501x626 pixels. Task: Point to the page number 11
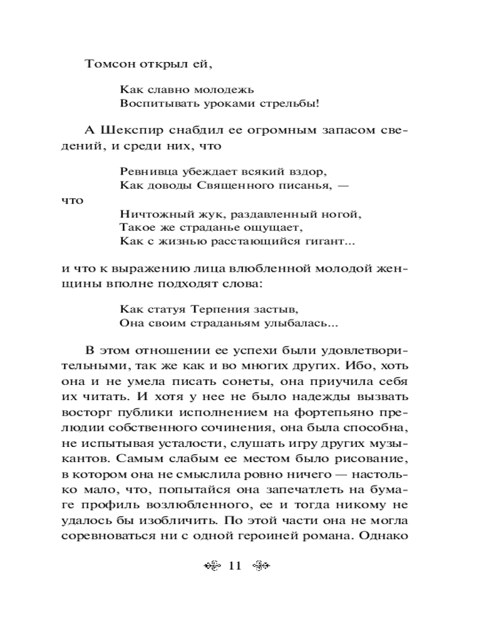click(235, 566)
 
